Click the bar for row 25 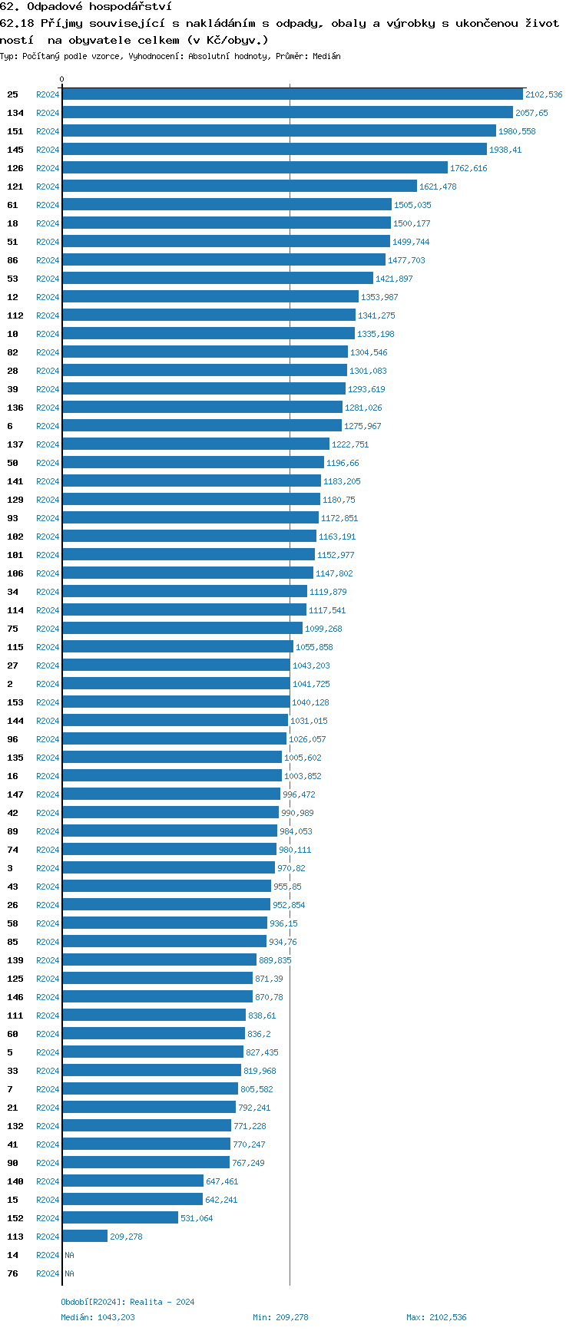292,94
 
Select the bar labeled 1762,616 254,168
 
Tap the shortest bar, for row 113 84,1237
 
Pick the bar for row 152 120,1218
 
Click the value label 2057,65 531,113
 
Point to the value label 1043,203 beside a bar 311,665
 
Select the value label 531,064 197,1218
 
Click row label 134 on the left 15,113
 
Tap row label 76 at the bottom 13,1273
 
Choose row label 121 15,187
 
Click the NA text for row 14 69,1255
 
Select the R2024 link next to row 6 48,426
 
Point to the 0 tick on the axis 62,79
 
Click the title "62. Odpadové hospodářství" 86,7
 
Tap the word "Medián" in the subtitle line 327,56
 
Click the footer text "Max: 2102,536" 436,1317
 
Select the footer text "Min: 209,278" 280,1317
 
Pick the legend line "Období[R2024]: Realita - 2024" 127,1302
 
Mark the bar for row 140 133,1181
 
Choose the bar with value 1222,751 196,444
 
